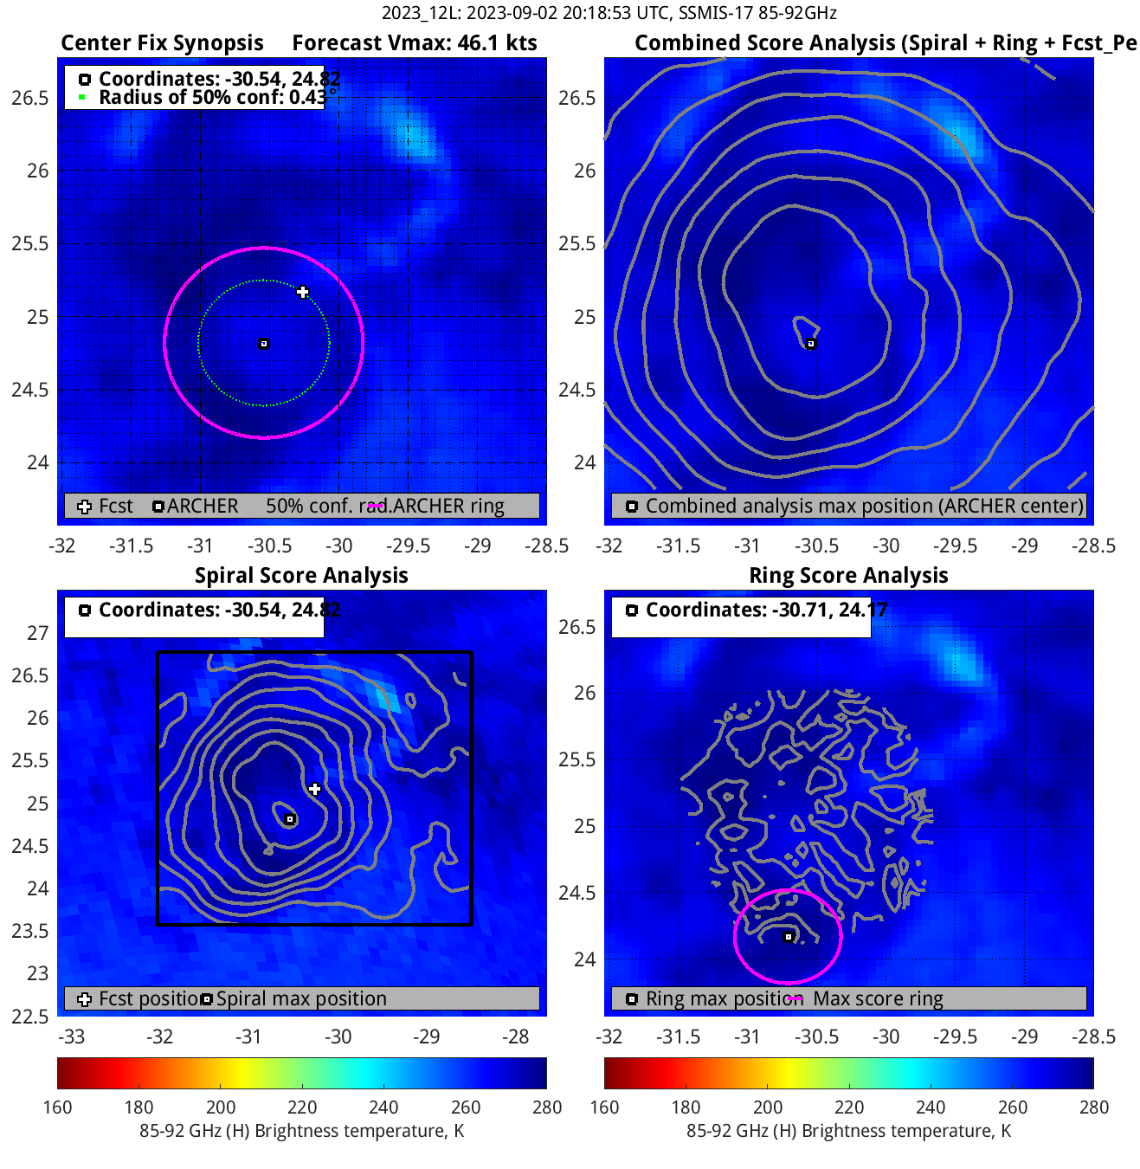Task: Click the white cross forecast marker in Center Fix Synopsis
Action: tap(302, 292)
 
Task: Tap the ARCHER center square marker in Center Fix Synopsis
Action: tap(264, 344)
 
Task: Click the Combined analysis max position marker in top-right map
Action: tap(811, 344)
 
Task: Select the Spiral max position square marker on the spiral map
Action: tap(290, 819)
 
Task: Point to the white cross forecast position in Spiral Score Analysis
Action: tap(314, 789)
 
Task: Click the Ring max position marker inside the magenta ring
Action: tap(789, 937)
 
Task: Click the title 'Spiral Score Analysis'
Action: tap(301, 576)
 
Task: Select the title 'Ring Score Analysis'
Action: tap(848, 576)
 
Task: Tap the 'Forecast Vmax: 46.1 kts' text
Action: tap(415, 43)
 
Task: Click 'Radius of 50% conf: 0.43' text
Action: tap(212, 97)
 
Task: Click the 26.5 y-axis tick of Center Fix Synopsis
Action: tap(31, 98)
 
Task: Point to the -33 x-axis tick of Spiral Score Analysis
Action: tap(71, 1037)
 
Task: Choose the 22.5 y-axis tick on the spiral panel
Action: tap(31, 1017)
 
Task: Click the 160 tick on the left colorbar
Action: tap(58, 1108)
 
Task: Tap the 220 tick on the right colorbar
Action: tap(849, 1108)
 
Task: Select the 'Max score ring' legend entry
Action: tap(878, 999)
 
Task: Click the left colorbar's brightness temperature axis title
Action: tap(301, 1131)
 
